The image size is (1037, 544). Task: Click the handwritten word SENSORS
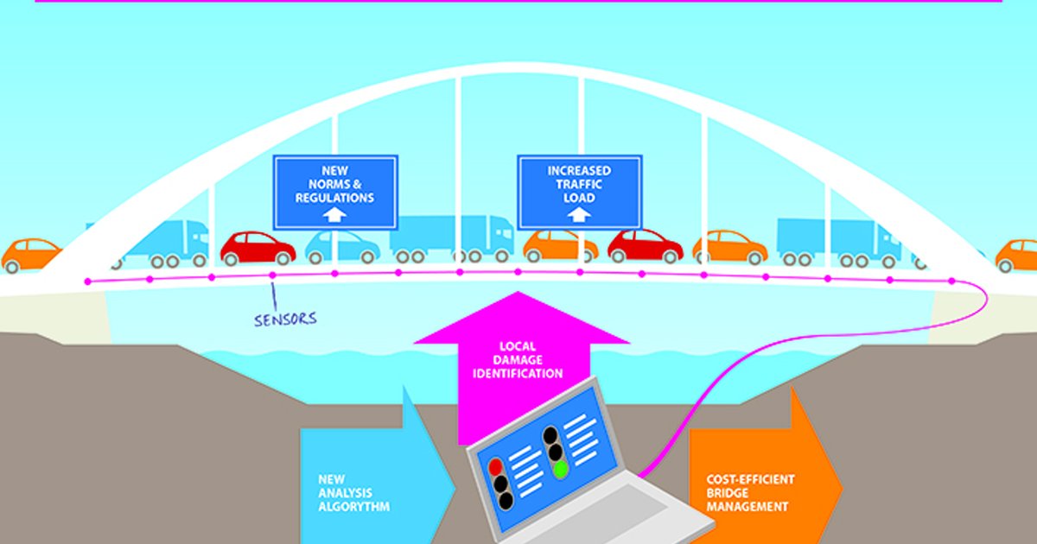(285, 319)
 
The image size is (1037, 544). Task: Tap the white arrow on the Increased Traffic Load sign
(579, 215)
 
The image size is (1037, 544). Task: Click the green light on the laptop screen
(560, 469)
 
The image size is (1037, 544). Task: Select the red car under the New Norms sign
(258, 248)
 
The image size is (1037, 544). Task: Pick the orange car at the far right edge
(1016, 255)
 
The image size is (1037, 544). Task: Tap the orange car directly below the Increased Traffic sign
(560, 246)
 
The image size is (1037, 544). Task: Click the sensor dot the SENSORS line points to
(272, 275)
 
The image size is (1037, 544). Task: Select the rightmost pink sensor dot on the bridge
(951, 281)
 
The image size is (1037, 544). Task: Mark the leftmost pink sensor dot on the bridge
(87, 281)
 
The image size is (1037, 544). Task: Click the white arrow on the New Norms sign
(335, 216)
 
